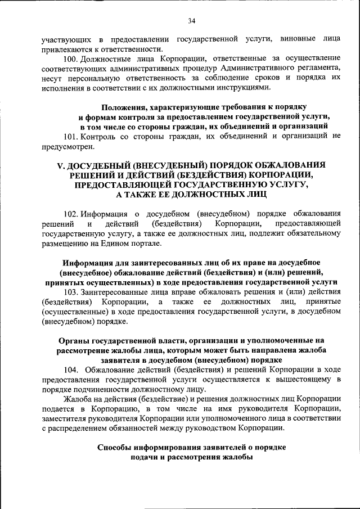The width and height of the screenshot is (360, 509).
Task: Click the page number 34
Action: [x=191, y=21]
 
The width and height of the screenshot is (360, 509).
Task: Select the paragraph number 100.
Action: [x=71, y=58]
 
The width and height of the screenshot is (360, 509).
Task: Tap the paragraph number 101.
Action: [x=71, y=137]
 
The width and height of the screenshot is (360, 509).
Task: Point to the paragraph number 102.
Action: [x=71, y=214]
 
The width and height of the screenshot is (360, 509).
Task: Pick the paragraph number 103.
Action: [x=71, y=292]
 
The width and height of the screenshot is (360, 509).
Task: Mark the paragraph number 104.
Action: [x=71, y=370]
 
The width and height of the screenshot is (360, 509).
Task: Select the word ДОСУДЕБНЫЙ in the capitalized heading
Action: [x=104, y=164]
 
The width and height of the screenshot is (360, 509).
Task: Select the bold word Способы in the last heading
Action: [x=113, y=448]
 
